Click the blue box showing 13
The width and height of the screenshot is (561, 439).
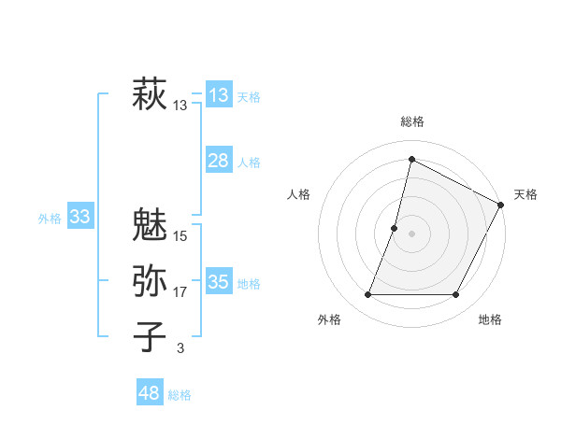219,94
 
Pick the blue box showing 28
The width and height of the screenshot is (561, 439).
219,161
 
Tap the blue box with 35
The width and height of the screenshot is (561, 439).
219,282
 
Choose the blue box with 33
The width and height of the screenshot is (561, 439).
80,218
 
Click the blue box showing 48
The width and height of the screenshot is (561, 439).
150,393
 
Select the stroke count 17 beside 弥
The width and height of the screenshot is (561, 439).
180,293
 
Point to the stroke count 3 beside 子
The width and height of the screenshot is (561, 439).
180,348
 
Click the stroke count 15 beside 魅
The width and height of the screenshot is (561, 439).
180,236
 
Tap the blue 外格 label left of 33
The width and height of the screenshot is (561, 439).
50,219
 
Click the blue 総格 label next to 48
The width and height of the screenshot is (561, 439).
180,395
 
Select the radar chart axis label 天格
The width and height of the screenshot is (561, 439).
525,194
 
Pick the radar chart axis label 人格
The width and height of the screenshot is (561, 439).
298,194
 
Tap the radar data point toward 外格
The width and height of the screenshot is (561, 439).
367,295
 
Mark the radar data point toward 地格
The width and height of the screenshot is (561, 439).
456,295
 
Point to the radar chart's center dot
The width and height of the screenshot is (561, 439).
411,234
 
